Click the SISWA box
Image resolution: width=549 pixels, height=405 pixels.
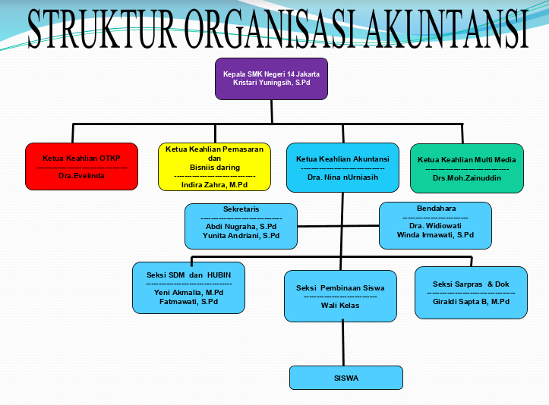(345, 378)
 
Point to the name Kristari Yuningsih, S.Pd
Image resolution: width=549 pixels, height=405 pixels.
(271, 82)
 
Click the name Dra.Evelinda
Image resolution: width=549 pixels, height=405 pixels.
(81, 175)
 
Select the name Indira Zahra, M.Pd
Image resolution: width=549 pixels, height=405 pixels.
(215, 184)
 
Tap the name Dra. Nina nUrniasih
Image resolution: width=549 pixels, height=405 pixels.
(342, 177)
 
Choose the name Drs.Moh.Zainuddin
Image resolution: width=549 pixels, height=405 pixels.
(466, 177)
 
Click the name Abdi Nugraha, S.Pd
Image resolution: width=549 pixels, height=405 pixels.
(241, 226)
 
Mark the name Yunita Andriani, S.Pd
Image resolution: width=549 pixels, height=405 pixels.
(241, 236)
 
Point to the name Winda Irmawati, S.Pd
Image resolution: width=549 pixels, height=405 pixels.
(435, 235)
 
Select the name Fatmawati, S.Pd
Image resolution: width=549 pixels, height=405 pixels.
(189, 301)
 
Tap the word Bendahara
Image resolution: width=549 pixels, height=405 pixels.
(435, 208)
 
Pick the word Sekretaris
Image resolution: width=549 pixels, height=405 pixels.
(241, 208)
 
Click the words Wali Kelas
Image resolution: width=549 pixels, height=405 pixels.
(340, 305)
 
